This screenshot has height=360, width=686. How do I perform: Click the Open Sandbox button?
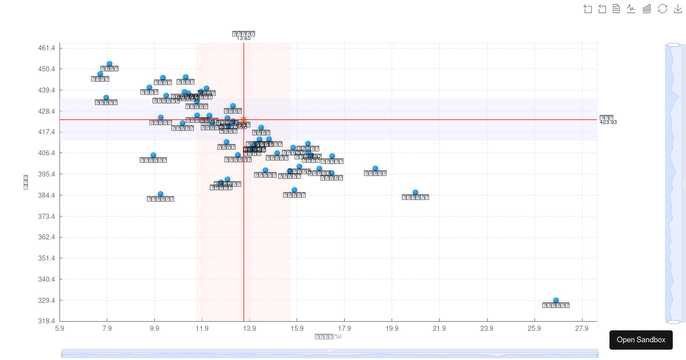coord(641,340)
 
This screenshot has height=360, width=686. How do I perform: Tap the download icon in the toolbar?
coord(678,9)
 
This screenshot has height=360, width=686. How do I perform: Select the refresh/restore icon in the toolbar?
coord(663,9)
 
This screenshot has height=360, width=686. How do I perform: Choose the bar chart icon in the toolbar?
coord(647,9)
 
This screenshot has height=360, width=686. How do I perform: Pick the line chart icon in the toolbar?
coord(631,9)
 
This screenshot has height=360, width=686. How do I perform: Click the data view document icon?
coord(616,9)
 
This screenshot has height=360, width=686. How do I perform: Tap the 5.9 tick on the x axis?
coord(59,329)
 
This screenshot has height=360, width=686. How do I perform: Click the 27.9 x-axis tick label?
coord(581,329)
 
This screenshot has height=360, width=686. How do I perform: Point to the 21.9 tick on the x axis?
coord(439,329)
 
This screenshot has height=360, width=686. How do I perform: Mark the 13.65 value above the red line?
coord(244,38)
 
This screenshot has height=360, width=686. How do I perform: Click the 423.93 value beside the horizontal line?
coord(608,122)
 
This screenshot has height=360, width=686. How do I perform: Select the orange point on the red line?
coord(244,119)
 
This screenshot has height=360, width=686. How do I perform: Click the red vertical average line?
coord(244,229)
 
